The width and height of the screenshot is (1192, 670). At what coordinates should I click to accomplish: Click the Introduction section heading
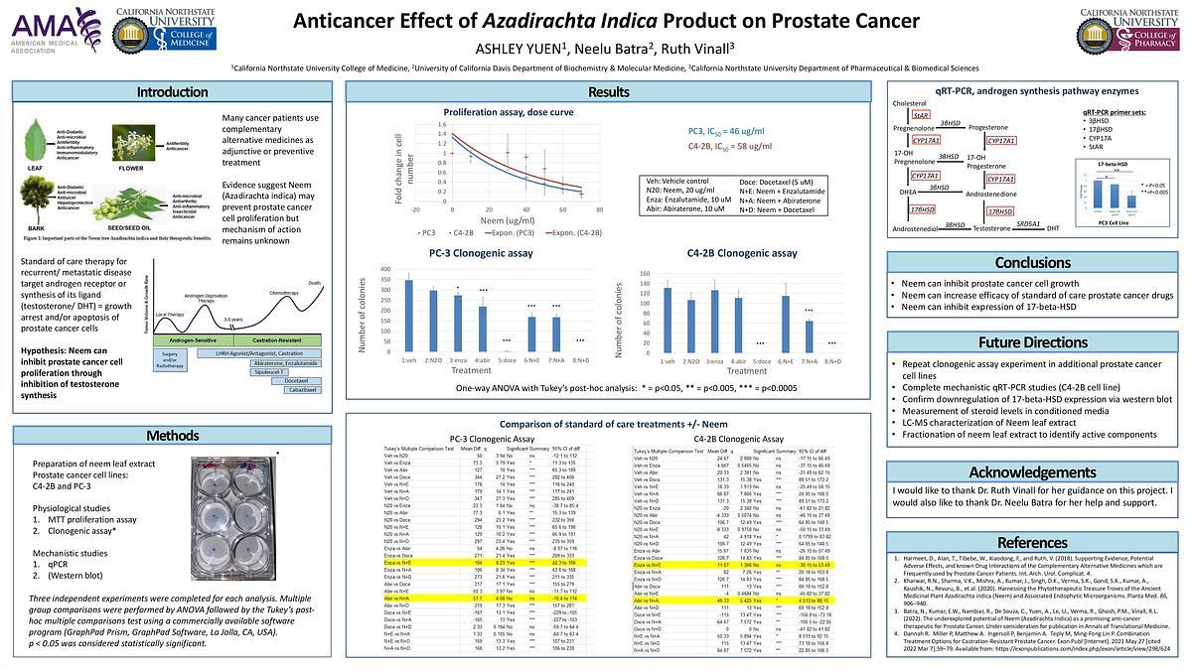pos(165,92)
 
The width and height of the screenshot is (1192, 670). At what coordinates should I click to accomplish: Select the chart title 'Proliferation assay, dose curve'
pos(496,112)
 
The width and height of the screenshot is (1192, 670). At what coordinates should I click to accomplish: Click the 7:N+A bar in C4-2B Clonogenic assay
pos(809,338)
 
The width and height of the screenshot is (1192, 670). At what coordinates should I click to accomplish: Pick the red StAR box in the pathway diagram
pos(921,116)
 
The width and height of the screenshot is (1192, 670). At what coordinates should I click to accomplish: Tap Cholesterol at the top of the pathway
pos(910,103)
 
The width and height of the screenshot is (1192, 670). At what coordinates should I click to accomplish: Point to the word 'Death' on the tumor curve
pos(315,283)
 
